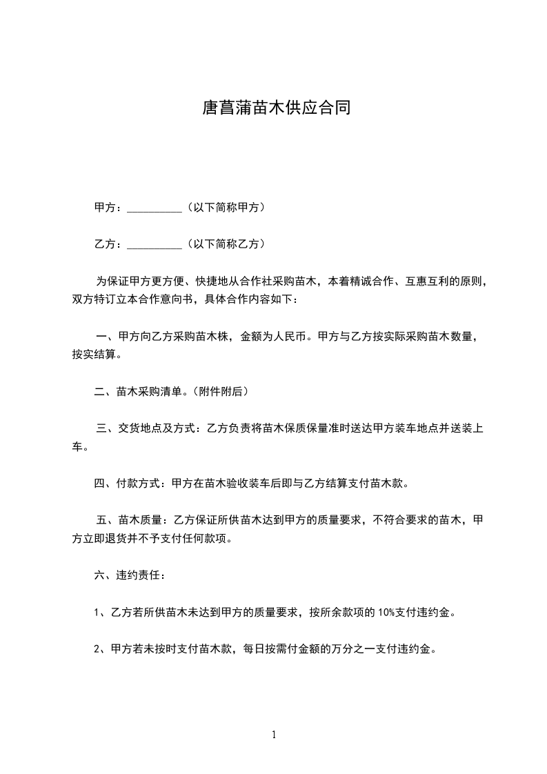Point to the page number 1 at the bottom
pos(274,735)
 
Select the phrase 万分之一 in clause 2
pos(328,649)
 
